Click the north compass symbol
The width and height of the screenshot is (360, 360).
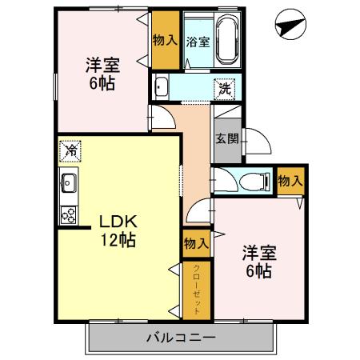tap(290, 25)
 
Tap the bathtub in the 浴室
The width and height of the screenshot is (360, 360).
tap(227, 38)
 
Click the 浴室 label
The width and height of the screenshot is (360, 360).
tap(198, 42)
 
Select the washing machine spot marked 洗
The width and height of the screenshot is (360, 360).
tap(225, 90)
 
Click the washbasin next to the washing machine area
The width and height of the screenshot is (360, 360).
tap(161, 86)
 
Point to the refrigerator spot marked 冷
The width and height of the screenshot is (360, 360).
tap(70, 151)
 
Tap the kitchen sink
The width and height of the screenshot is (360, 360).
tap(69, 183)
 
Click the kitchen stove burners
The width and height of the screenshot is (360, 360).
tap(69, 215)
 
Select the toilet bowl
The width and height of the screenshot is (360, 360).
tap(254, 182)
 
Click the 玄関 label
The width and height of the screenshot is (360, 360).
tap(226, 138)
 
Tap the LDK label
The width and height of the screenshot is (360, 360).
tap(118, 221)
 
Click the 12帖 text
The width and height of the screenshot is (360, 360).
tap(118, 240)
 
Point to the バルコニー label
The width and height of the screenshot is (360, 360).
tap(181, 338)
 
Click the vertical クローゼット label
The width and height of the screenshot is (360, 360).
tap(197, 290)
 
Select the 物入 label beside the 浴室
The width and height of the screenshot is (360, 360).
tap(165, 41)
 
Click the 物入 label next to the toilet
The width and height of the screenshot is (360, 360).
tap(290, 182)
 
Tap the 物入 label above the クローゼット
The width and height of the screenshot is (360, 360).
tap(196, 243)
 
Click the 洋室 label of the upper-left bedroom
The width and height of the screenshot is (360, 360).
tap(102, 65)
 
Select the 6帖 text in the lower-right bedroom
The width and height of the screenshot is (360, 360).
tap(259, 271)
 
